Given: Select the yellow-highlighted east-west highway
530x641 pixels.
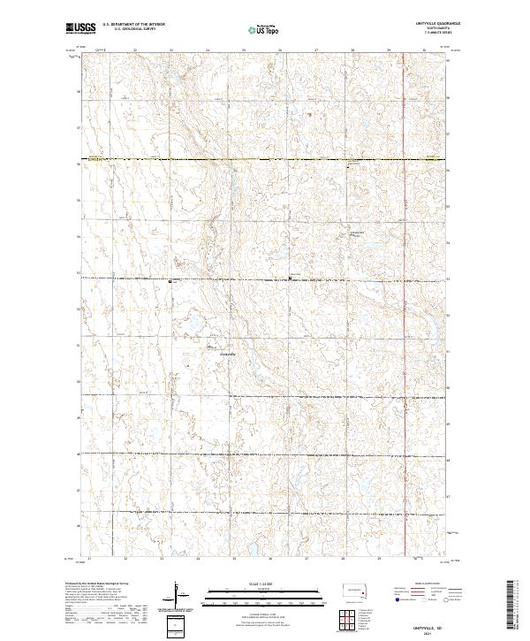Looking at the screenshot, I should click(x=265, y=160).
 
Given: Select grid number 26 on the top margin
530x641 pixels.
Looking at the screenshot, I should click(x=280, y=50).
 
